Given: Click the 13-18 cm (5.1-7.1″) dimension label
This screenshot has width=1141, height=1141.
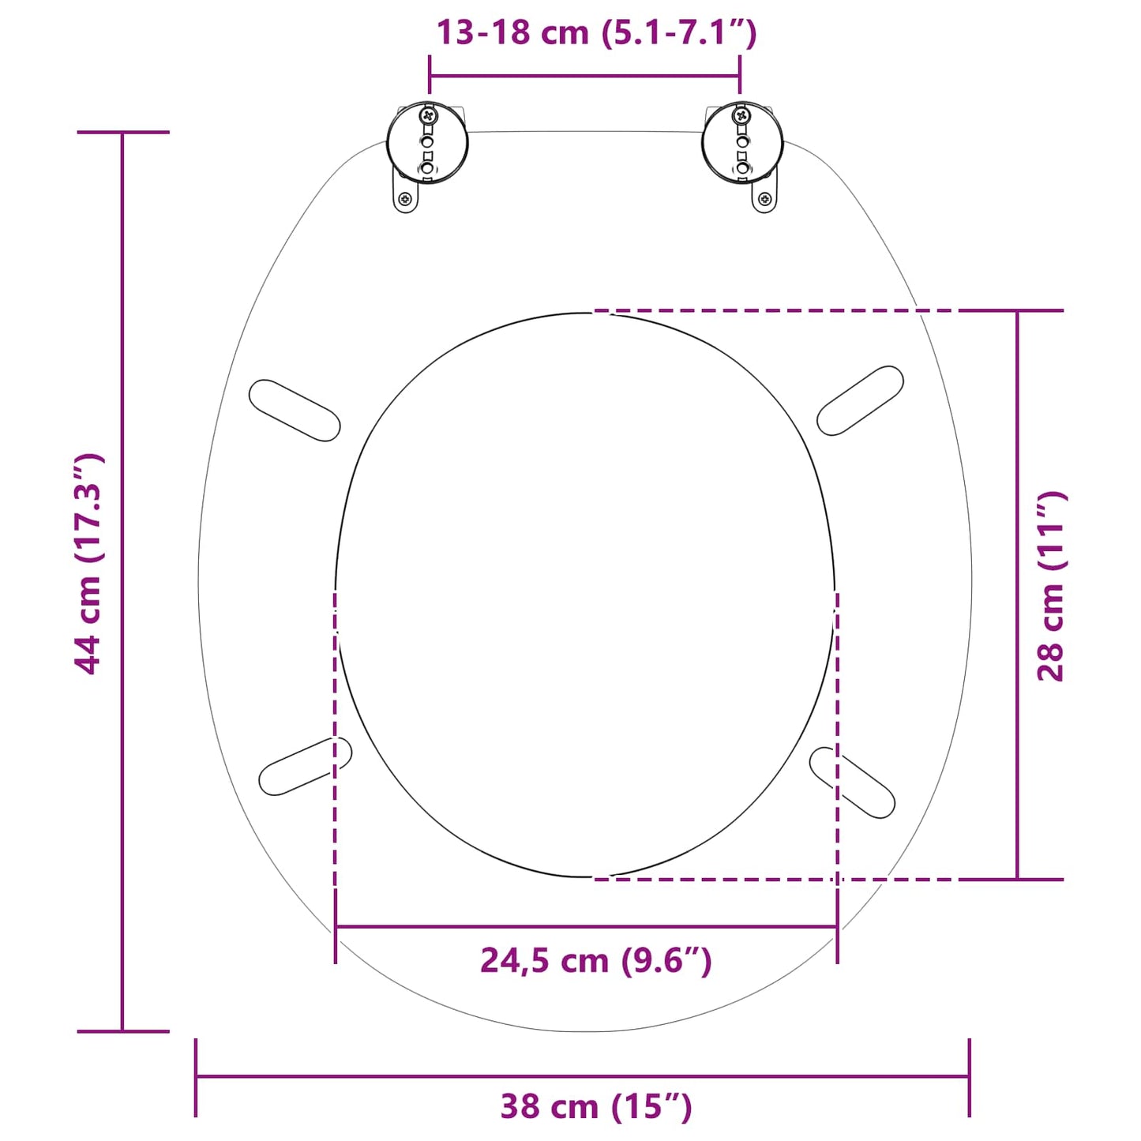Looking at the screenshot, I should point(596,33).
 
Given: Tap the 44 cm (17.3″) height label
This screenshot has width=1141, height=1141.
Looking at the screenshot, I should point(88,564).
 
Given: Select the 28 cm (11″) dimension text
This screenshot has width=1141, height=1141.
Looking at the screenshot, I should point(1051,586).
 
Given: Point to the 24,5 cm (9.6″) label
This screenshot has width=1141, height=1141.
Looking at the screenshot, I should point(596,961).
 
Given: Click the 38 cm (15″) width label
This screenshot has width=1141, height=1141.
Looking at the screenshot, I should point(596,1106).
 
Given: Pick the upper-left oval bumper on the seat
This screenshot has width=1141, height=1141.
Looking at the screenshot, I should point(295,411).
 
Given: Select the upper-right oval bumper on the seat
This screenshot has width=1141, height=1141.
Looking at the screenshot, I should point(860,400).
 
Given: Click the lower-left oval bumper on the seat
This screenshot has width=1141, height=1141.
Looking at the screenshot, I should point(305,767).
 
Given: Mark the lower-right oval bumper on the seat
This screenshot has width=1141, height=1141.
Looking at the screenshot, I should point(853,783).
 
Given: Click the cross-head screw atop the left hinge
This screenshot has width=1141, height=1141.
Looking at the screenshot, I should point(428,116).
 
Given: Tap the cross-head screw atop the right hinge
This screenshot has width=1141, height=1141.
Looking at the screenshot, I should point(742,116).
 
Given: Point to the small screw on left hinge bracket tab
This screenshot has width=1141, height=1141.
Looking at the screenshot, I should point(405,198).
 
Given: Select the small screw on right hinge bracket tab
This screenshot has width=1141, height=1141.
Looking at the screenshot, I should point(764,199).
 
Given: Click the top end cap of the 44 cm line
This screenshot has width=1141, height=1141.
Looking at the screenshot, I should point(122,133).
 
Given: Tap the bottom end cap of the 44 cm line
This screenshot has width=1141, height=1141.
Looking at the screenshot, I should point(122,1031).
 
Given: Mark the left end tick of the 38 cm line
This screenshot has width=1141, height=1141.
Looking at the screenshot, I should point(196,1076).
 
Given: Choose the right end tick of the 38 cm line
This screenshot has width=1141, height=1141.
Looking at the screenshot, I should point(969,1076).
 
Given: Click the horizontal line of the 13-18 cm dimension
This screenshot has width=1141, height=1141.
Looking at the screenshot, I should point(584,77).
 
